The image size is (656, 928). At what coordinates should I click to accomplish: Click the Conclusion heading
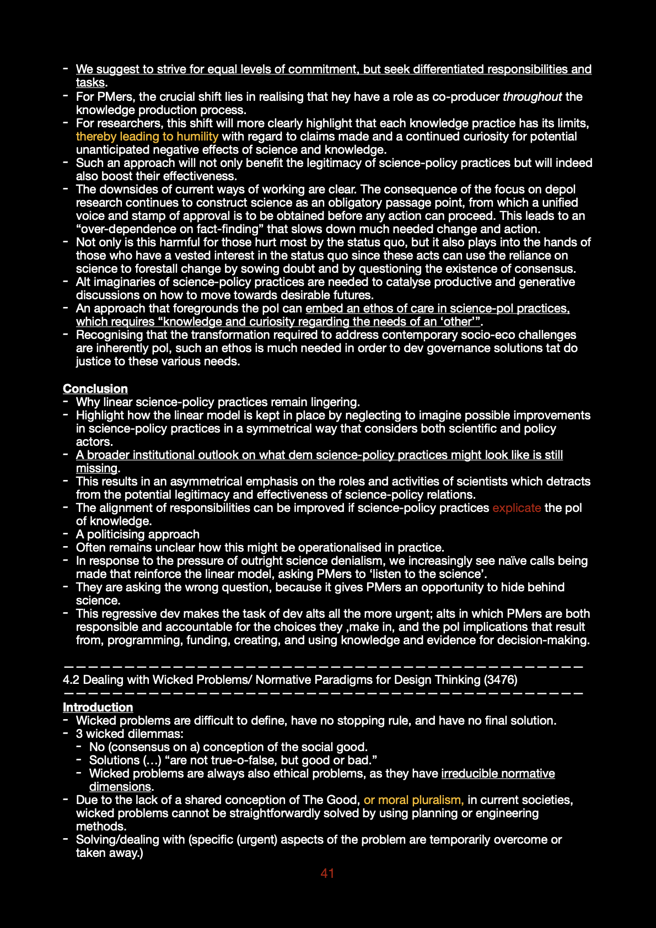95,389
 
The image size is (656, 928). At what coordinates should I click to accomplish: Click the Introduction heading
98,707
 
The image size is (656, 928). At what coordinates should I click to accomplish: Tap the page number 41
327,873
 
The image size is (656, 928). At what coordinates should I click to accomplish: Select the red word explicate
517,508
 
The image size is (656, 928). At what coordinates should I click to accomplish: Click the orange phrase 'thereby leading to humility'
147,136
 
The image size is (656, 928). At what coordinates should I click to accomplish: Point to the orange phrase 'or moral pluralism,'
413,800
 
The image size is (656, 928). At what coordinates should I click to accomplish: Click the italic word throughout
532,96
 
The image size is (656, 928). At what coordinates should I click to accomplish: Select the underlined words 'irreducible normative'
498,773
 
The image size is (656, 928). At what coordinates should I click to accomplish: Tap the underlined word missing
96,468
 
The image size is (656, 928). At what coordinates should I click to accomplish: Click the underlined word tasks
90,82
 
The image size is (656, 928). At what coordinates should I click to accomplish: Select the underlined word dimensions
120,786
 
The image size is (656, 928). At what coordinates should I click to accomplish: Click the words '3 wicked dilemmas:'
130,733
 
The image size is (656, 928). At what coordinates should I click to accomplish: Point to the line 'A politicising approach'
137,534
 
